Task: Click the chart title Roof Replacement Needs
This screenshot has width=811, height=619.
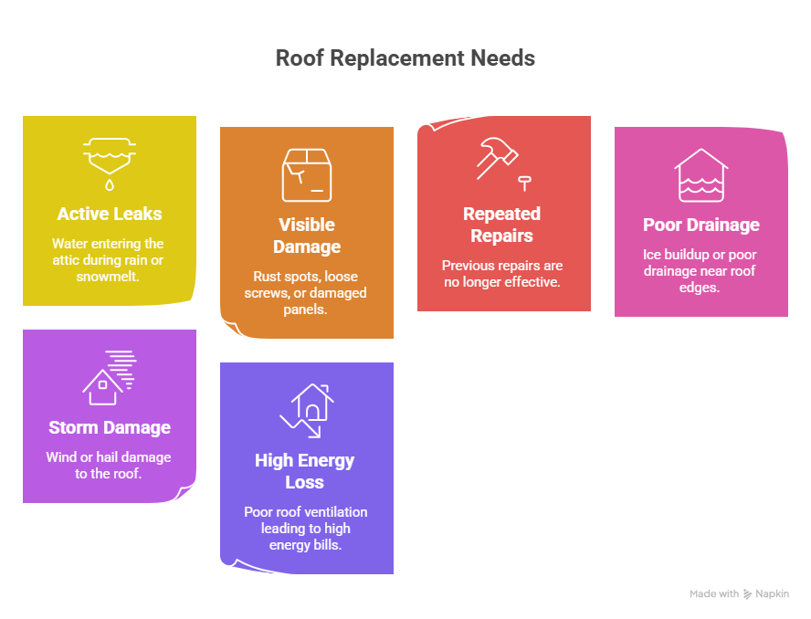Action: pyautogui.click(x=405, y=58)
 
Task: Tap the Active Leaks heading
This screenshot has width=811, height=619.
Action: pyautogui.click(x=110, y=214)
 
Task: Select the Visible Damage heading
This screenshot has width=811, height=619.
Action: pyautogui.click(x=307, y=236)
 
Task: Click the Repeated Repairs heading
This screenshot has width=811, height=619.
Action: pyautogui.click(x=501, y=225)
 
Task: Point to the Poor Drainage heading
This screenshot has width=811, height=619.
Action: pyautogui.click(x=701, y=225)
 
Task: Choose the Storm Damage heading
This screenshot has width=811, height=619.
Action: pyautogui.click(x=110, y=427)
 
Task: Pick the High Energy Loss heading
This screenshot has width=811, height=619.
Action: pyautogui.click(x=305, y=471)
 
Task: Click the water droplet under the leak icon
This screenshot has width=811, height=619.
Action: pyautogui.click(x=110, y=184)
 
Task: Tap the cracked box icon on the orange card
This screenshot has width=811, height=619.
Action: pyautogui.click(x=307, y=175)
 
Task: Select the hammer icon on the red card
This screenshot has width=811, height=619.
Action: pyautogui.click(x=497, y=157)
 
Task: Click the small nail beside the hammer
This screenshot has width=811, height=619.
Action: pyautogui.click(x=525, y=184)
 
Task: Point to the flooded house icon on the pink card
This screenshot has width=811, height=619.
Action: pyautogui.click(x=701, y=175)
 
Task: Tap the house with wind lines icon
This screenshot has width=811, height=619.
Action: pyautogui.click(x=110, y=377)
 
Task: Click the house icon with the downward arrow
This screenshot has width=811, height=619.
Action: pyautogui.click(x=307, y=411)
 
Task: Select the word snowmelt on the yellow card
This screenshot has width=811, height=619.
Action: pyautogui.click(x=108, y=277)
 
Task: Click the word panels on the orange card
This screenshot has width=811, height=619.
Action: pyautogui.click(x=305, y=309)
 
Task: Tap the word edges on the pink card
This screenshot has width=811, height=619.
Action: pyautogui.click(x=699, y=288)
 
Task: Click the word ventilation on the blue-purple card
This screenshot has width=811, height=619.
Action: pyautogui.click(x=336, y=512)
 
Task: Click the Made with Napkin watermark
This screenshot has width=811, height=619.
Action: pyautogui.click(x=739, y=593)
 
